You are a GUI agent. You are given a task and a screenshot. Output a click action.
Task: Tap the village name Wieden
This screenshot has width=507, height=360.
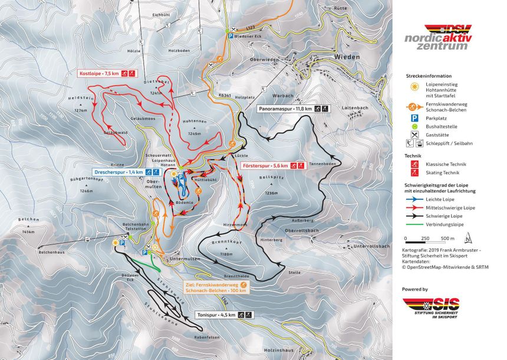point(347,58)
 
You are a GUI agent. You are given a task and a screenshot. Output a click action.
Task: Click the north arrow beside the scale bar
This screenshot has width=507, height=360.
point(468,237)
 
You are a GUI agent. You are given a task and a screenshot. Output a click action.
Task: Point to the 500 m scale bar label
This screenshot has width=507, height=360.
point(448,238)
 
